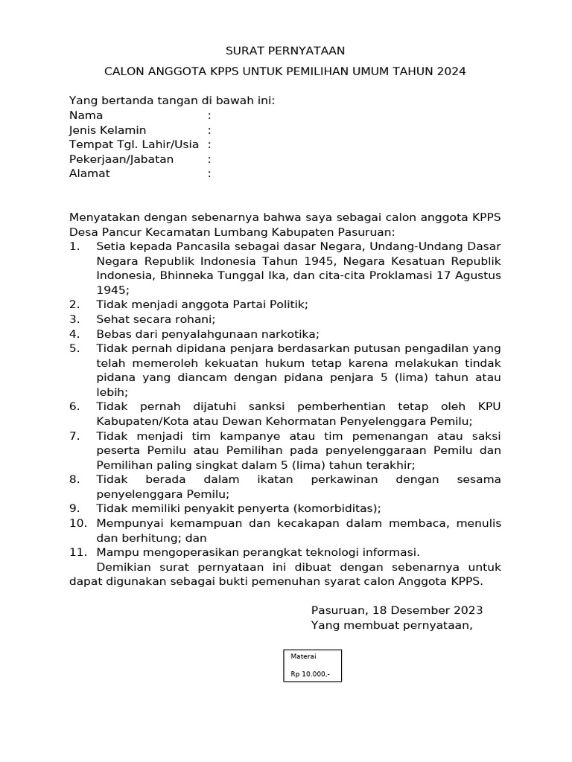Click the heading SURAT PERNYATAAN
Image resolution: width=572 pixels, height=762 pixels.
286,51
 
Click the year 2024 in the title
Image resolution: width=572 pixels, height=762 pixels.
451,71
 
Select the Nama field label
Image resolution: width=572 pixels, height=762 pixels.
86,115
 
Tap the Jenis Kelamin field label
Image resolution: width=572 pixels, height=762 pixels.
107,130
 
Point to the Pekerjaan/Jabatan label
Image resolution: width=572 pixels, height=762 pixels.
121,159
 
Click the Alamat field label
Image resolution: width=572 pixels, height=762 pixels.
89,173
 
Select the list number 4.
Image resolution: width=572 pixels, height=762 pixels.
74,333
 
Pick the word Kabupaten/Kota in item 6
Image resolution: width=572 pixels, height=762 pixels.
137,420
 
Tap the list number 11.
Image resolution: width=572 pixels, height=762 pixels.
77,552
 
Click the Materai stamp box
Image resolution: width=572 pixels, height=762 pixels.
312,665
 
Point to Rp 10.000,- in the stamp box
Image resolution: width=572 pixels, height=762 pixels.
310,675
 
